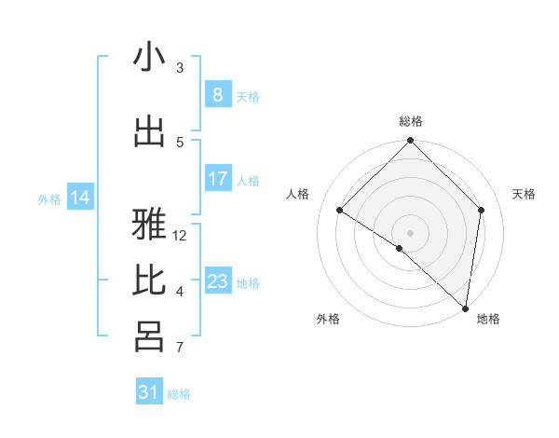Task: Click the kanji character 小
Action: tap(149, 58)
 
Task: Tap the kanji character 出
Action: tap(149, 132)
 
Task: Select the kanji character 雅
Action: tap(149, 224)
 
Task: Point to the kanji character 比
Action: tap(149, 280)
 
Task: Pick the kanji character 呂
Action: tap(149, 336)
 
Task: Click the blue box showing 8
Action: tap(217, 95)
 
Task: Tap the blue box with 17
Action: tap(217, 179)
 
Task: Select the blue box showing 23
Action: tap(217, 281)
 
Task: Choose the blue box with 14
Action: tap(80, 198)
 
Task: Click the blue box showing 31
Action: tap(149, 392)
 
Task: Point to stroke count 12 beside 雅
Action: tap(181, 236)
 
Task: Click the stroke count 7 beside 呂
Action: tap(180, 349)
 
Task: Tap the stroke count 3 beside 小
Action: tap(180, 67)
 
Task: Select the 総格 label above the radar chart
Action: tap(411, 121)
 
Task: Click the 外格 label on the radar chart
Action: tap(328, 319)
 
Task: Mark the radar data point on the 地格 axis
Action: tap(466, 308)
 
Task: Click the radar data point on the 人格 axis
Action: tap(340, 211)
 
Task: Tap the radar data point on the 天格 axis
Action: tap(482, 211)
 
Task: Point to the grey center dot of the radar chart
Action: tap(411, 232)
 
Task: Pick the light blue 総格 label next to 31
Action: tap(179, 394)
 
